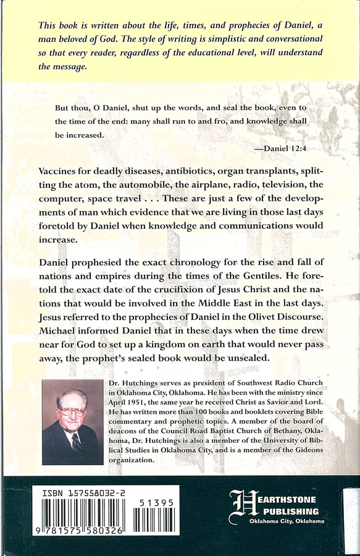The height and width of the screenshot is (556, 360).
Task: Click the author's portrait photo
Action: (x=73, y=422)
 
